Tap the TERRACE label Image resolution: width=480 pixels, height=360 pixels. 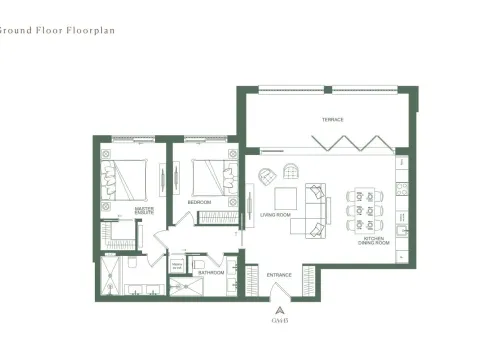(x=332, y=120)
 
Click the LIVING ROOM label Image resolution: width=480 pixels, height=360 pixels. (x=275, y=214)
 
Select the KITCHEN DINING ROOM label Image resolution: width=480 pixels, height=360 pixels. (x=375, y=241)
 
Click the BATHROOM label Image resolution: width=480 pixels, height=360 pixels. (x=210, y=272)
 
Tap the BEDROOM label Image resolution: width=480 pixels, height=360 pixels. (x=199, y=202)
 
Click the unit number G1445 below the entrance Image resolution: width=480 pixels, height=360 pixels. (x=278, y=319)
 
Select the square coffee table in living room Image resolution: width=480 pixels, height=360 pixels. (x=286, y=198)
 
